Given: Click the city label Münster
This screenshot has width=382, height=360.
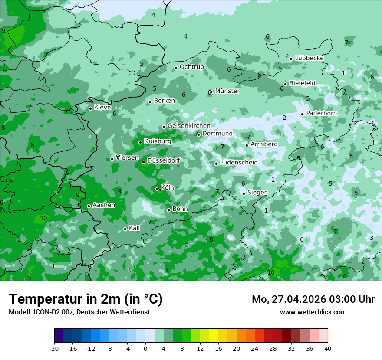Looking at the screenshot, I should pyautogui.click(x=227, y=91).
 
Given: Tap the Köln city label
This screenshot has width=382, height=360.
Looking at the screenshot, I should pyautogui.click(x=167, y=188).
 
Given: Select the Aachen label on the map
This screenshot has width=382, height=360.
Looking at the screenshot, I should pyautogui.click(x=104, y=205).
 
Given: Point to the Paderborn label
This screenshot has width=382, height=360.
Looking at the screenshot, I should pyautogui.click(x=321, y=113).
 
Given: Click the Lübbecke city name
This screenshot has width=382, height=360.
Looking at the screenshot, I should pyautogui.click(x=309, y=58).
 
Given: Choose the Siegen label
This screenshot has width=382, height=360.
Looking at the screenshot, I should pyautogui.click(x=257, y=193).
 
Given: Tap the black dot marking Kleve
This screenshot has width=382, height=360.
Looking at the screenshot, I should pyautogui.click(x=90, y=108).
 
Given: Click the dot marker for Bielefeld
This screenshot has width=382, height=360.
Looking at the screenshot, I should pyautogui.click(x=285, y=84).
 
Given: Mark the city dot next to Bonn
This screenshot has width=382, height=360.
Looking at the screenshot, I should pyautogui.click(x=168, y=210).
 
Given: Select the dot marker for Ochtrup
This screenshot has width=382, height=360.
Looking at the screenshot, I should pyautogui.click(x=176, y=68).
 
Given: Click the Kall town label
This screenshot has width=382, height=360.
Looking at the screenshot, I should pyautogui.click(x=134, y=228).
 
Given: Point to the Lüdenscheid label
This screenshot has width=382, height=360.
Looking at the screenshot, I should pyautogui.click(x=239, y=163).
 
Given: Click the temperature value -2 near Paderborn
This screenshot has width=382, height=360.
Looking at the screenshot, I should pyautogui.click(x=283, y=118).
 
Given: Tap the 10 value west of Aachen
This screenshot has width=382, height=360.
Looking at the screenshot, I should pyautogui.click(x=43, y=218).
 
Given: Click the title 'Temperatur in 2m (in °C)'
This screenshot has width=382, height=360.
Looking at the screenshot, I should pyautogui.click(x=86, y=299).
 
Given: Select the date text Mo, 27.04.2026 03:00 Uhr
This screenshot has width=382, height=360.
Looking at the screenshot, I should pyautogui.click(x=313, y=299).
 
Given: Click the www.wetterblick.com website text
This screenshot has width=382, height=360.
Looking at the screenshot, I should pyautogui.click(x=313, y=312).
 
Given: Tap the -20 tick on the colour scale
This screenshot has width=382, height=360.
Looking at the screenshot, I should pyautogui.click(x=54, y=349).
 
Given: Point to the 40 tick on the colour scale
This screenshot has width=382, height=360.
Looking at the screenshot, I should pyautogui.click(x=328, y=349).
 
